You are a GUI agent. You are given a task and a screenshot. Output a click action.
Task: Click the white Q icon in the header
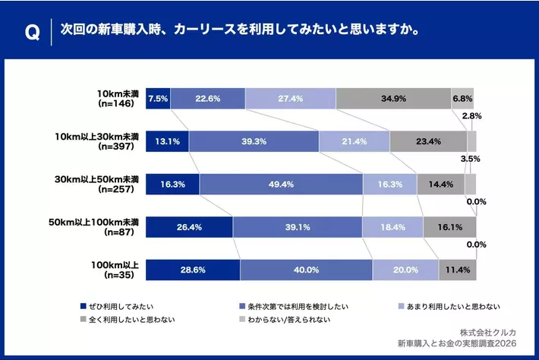(x=32, y=33)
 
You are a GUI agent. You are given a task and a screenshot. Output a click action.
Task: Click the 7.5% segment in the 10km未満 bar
(x=158, y=99)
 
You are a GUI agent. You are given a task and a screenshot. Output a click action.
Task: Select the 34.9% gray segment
(x=393, y=99)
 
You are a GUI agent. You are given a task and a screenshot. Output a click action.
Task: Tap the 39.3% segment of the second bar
(x=254, y=142)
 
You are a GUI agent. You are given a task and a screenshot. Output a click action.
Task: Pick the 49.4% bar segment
(x=281, y=185)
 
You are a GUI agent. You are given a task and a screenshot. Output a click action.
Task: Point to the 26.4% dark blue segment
(x=189, y=227)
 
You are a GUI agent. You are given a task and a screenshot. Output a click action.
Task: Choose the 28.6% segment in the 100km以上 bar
(x=193, y=270)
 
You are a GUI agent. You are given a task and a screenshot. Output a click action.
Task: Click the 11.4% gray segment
(x=458, y=270)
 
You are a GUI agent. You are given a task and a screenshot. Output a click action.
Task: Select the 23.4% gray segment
(x=428, y=142)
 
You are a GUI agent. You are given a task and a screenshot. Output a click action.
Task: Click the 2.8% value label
(x=472, y=116)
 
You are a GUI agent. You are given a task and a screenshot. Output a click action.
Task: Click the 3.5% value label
(x=471, y=160)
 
